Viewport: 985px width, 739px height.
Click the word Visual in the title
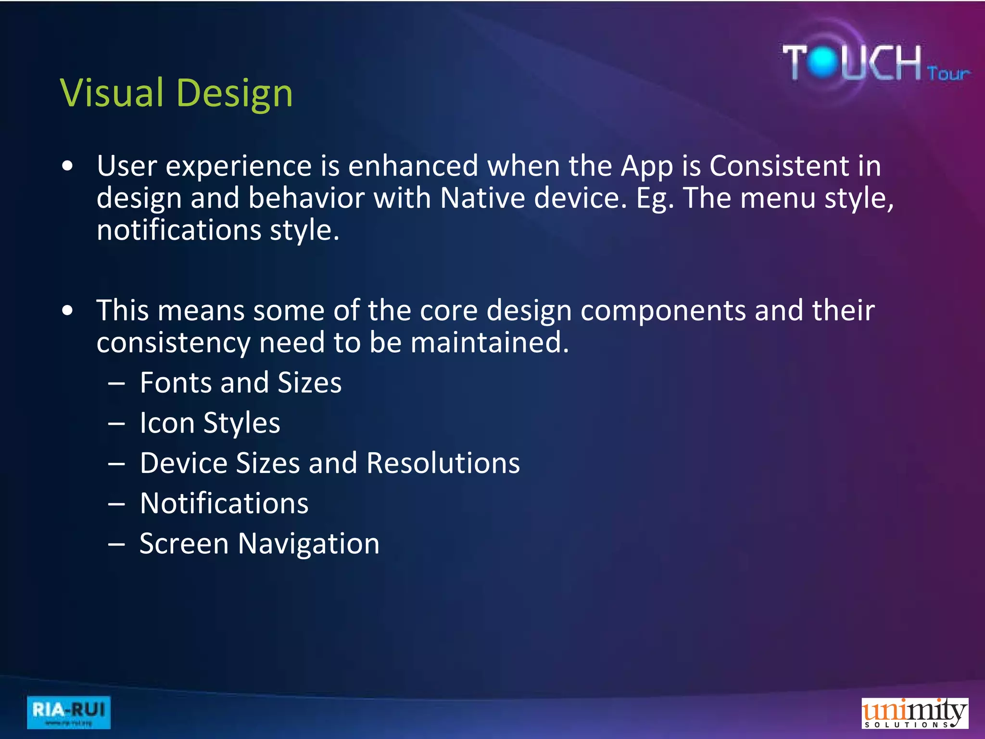(x=112, y=92)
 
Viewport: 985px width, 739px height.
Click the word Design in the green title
(x=235, y=93)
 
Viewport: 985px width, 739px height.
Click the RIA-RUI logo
(x=69, y=712)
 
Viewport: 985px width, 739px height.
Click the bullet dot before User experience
(x=68, y=166)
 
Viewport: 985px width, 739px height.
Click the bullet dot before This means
(x=68, y=311)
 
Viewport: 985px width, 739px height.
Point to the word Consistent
(x=779, y=166)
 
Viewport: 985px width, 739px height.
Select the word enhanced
(x=413, y=166)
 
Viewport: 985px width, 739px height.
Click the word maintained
(x=490, y=343)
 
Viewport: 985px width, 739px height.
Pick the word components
(x=663, y=311)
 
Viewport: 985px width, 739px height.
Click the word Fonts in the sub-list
(x=176, y=383)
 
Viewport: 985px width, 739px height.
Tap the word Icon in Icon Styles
(x=167, y=423)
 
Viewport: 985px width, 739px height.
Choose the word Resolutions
(x=443, y=463)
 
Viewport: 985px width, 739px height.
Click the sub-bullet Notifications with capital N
(x=224, y=504)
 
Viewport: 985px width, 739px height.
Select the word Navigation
(x=308, y=544)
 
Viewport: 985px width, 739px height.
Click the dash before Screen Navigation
(x=116, y=545)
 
